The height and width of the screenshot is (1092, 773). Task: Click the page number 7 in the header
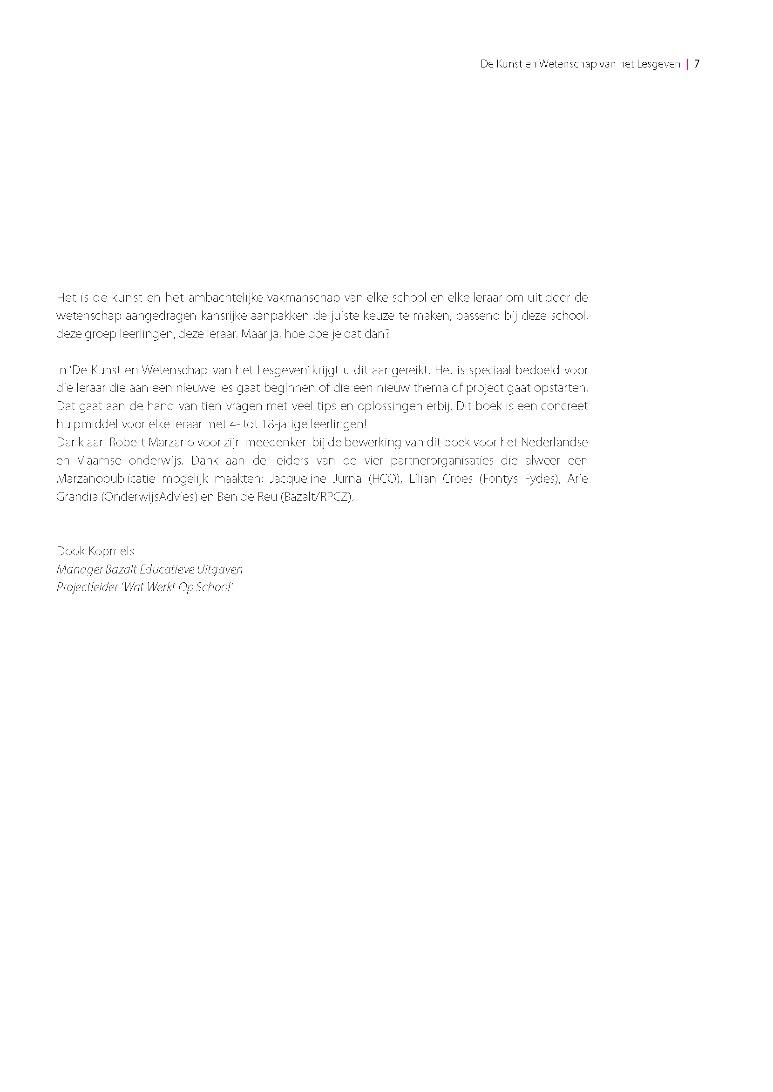(x=697, y=64)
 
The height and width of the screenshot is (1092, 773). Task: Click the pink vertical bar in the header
(x=687, y=64)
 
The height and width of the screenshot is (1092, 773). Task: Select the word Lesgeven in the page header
(x=658, y=64)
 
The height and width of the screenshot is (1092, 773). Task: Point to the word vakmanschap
(x=304, y=298)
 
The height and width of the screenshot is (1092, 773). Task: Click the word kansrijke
(x=224, y=316)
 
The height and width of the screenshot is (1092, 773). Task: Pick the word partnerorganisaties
(x=442, y=461)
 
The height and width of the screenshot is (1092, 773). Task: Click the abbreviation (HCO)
(x=385, y=479)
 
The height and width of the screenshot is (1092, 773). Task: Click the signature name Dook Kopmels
(x=95, y=551)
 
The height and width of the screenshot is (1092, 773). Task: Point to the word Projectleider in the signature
(x=87, y=587)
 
